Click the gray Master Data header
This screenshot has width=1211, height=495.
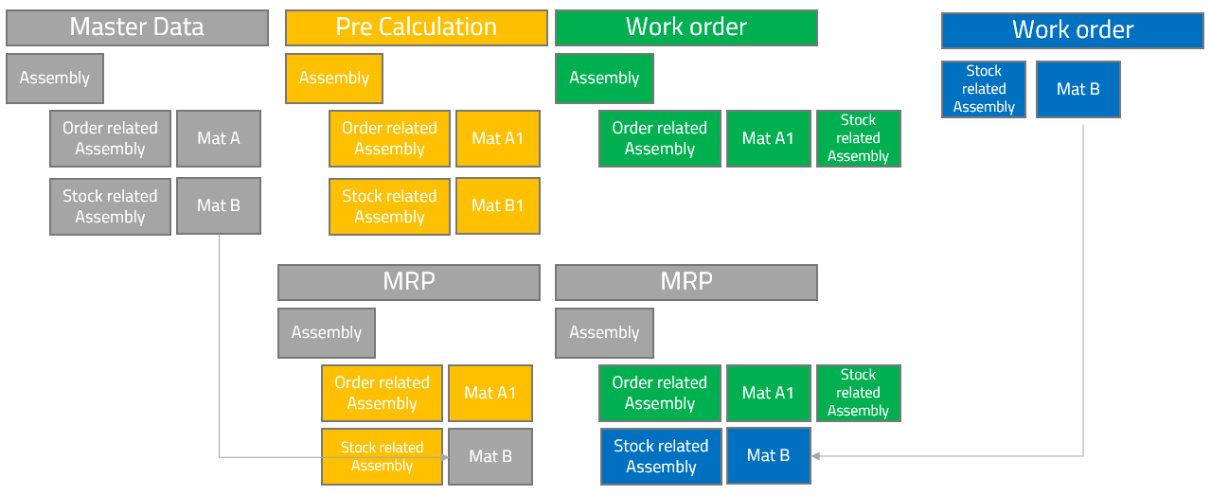(137, 27)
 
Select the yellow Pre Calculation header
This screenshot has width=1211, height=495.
(417, 27)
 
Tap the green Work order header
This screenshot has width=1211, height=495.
(686, 27)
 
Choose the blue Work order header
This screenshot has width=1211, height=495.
(1073, 30)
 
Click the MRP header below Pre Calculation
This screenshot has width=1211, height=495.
(408, 282)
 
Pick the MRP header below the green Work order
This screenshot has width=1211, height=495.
(686, 282)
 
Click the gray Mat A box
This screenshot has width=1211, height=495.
(218, 138)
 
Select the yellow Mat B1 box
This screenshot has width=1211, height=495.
(497, 205)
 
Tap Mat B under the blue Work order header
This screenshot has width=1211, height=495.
(1077, 89)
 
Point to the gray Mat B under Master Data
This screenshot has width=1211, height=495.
(218, 205)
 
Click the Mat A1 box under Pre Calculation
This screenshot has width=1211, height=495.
(497, 138)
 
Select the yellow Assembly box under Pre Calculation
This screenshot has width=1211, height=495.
(334, 78)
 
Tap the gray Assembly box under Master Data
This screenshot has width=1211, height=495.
(54, 78)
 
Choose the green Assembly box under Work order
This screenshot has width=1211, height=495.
(604, 78)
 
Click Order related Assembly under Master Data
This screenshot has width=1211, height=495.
(110, 138)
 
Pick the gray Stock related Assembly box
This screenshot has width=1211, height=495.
(110, 206)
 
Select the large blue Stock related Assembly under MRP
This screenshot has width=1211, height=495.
(661, 456)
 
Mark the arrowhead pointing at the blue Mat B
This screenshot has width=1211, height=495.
(815, 456)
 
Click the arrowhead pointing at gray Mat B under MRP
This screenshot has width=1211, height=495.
(444, 457)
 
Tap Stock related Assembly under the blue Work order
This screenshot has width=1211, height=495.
(984, 89)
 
